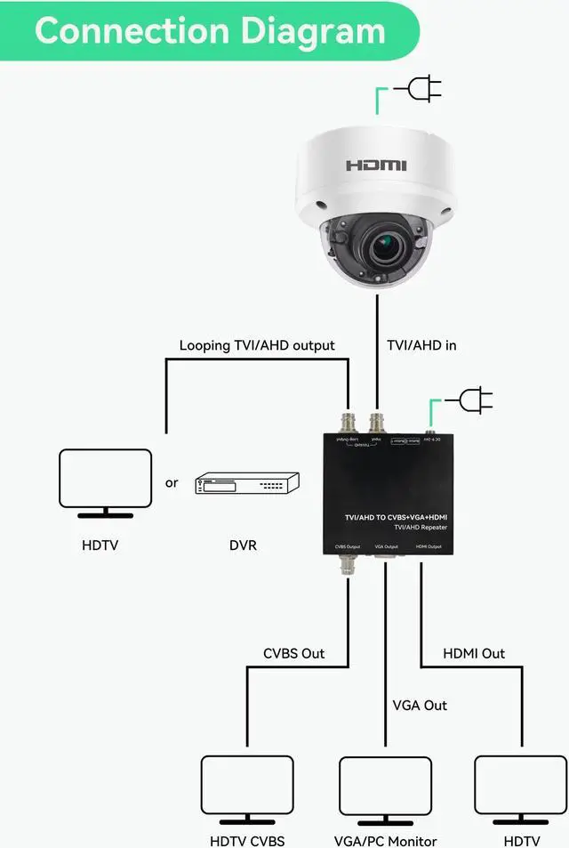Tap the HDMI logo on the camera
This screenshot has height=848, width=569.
[x=376, y=165]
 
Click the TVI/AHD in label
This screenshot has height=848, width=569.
[x=421, y=345]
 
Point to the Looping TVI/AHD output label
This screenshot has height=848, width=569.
[x=257, y=345]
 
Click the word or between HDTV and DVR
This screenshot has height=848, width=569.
[x=172, y=483]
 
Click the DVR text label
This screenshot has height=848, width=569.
[x=243, y=545]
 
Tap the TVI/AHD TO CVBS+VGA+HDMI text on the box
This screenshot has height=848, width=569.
[x=396, y=516]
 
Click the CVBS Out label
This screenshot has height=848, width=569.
[x=294, y=653]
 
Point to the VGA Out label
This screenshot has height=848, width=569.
[x=420, y=706]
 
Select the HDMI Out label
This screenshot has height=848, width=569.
[x=474, y=653]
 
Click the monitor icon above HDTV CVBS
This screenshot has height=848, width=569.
[x=247, y=788]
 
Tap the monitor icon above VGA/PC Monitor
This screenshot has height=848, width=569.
[x=385, y=788]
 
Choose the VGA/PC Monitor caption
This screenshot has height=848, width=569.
[x=385, y=841]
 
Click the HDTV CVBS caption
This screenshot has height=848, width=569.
[x=247, y=841]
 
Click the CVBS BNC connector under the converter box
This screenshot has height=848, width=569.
[x=346, y=562]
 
